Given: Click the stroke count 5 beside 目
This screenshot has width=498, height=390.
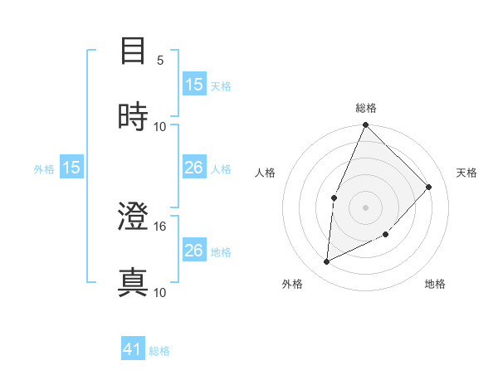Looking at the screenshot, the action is point(160,61).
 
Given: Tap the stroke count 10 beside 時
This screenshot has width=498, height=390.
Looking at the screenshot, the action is point(160,126).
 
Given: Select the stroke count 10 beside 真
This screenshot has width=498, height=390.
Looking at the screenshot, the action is point(160,292).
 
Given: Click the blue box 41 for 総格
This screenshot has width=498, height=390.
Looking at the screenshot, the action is point(134,350).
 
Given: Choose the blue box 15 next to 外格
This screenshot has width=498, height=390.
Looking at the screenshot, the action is point(71,168).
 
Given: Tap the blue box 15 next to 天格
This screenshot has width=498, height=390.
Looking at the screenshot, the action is point(194,85).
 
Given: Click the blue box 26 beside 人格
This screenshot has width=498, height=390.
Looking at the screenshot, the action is point(194,168).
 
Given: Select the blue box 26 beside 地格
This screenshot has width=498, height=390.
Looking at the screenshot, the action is point(194,251).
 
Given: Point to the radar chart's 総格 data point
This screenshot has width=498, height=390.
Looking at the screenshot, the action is point(365,125).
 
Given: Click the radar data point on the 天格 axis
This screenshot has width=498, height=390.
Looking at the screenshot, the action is point(429,187).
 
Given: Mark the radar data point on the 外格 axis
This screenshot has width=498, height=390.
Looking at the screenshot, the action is point(327,262).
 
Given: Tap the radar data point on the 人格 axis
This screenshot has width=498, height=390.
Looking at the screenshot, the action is point(334,197).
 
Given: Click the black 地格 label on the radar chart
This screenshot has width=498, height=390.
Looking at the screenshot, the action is point(435,285).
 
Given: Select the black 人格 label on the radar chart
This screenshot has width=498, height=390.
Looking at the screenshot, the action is point(266,173).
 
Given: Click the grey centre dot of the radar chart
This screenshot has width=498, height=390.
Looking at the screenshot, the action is point(365,207).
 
